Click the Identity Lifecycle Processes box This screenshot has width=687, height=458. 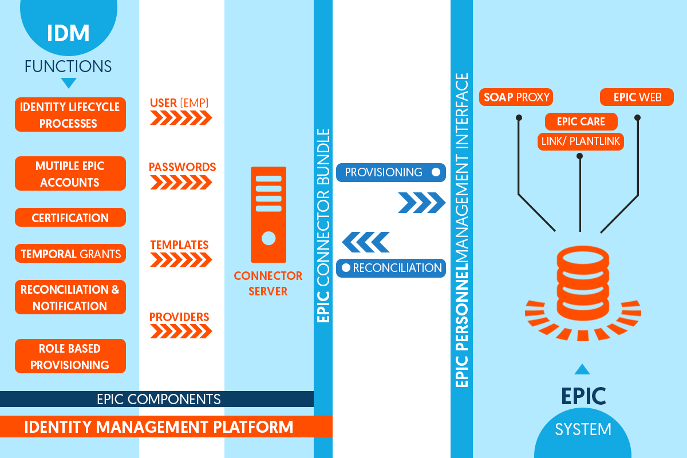(70, 114)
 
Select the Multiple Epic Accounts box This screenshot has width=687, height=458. (70, 173)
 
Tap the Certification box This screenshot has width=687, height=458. (70, 218)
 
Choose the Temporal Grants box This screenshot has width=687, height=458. (70, 254)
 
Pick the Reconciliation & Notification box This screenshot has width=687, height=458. (70, 297)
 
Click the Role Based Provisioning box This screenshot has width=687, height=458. (70, 356)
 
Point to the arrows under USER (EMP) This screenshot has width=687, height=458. (181, 118)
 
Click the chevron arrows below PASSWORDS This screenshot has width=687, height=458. (181, 183)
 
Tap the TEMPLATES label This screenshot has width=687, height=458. (179, 244)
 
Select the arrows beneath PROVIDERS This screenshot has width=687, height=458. (181, 331)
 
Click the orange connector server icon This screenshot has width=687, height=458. (269, 215)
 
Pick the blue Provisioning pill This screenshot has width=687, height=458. (390, 172)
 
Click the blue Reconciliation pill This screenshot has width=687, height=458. (390, 267)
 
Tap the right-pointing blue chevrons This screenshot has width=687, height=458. (421, 203)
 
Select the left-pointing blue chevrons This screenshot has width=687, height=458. (366, 242)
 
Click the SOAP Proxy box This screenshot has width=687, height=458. (516, 97)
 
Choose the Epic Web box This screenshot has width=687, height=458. (637, 97)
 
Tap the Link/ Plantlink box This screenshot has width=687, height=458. (580, 141)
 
